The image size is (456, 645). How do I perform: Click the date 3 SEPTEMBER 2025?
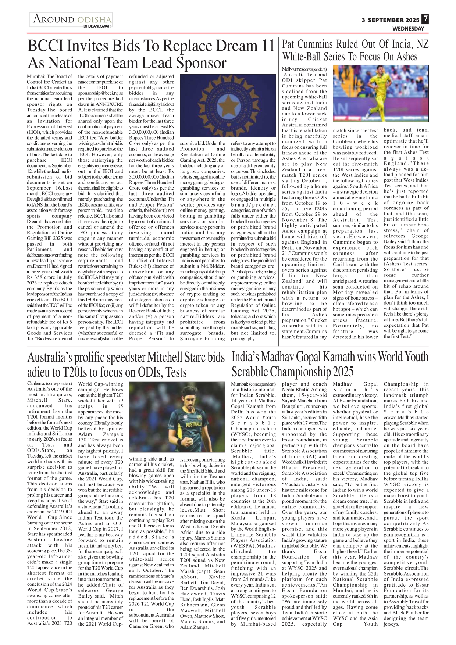click(390, 20)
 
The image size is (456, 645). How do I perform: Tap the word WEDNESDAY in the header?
click(408, 29)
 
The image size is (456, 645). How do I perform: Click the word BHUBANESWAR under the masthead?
click(97, 26)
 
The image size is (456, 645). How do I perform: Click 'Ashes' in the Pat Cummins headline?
click(407, 57)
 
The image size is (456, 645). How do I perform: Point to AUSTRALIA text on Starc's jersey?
click(193, 424)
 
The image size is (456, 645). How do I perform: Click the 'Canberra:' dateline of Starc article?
click(36, 384)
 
